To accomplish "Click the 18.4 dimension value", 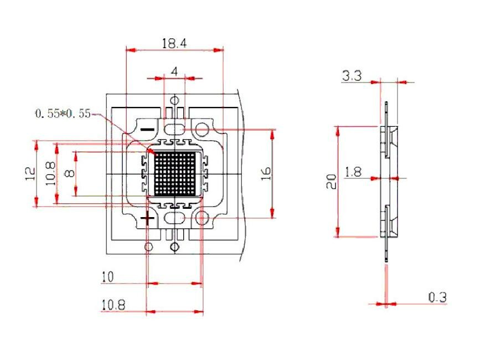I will click(174, 43).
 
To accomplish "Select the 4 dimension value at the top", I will click(174, 71).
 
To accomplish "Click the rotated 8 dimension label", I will click(69, 173).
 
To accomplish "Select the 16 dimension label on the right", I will click(266, 173).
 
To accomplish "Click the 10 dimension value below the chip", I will click(108, 276).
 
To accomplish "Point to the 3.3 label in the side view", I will click(352, 76).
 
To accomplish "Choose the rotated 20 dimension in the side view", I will click(331, 181).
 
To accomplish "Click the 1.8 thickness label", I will click(353, 172).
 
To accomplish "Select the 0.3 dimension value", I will click(437, 297).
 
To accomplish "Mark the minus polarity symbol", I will click(147, 129).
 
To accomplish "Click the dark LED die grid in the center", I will click(174, 173).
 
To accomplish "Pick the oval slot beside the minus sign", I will click(174, 129).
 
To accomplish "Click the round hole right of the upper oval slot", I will click(202, 130).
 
